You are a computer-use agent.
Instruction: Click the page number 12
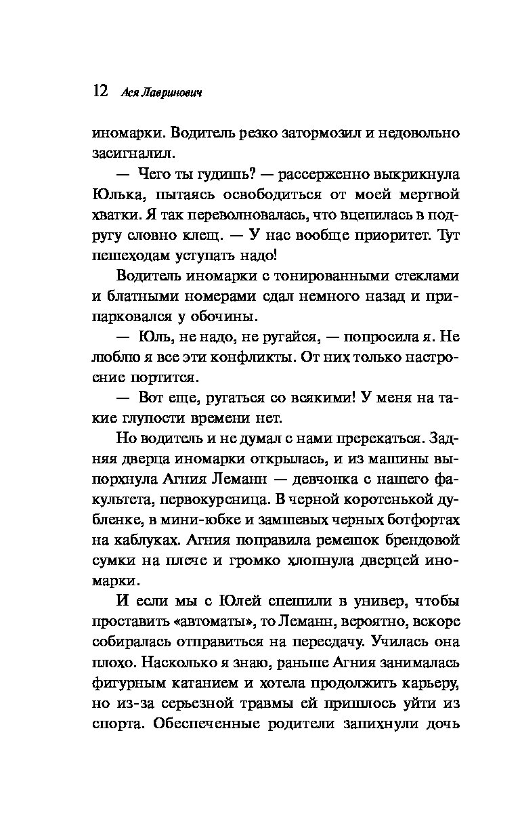coord(100,91)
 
